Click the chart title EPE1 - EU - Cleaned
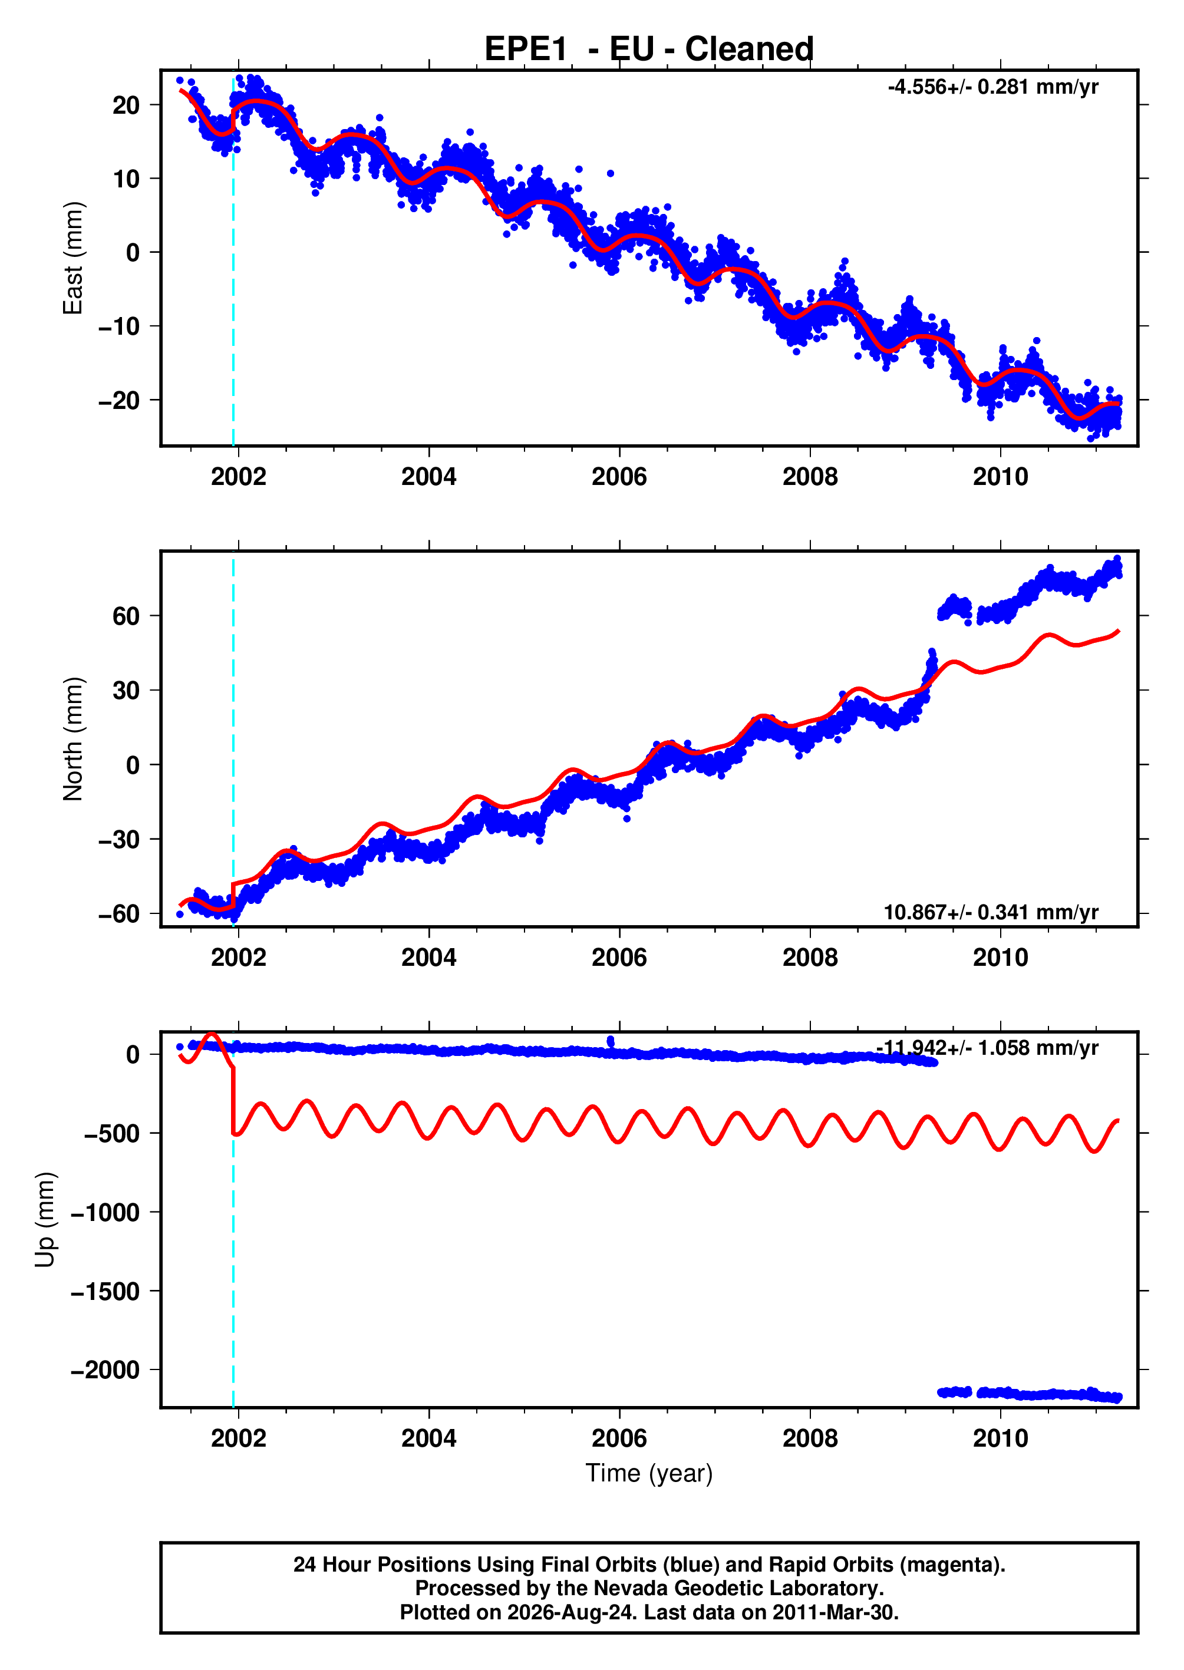tap(649, 49)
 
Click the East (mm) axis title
tap(73, 258)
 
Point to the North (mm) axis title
tap(73, 739)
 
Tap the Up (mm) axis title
tap(45, 1220)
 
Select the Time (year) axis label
tap(649, 1473)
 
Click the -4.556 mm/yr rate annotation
tap(993, 87)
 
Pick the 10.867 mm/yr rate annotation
tap(991, 912)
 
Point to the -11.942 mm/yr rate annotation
tap(987, 1048)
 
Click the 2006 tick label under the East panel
tap(619, 477)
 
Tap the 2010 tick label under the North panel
tap(1000, 957)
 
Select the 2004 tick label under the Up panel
tap(428, 1438)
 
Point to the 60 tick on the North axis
tap(126, 616)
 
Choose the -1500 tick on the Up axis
tap(105, 1291)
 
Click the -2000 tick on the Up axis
tap(105, 1369)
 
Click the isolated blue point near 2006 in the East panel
tap(610, 173)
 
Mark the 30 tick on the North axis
tap(126, 690)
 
